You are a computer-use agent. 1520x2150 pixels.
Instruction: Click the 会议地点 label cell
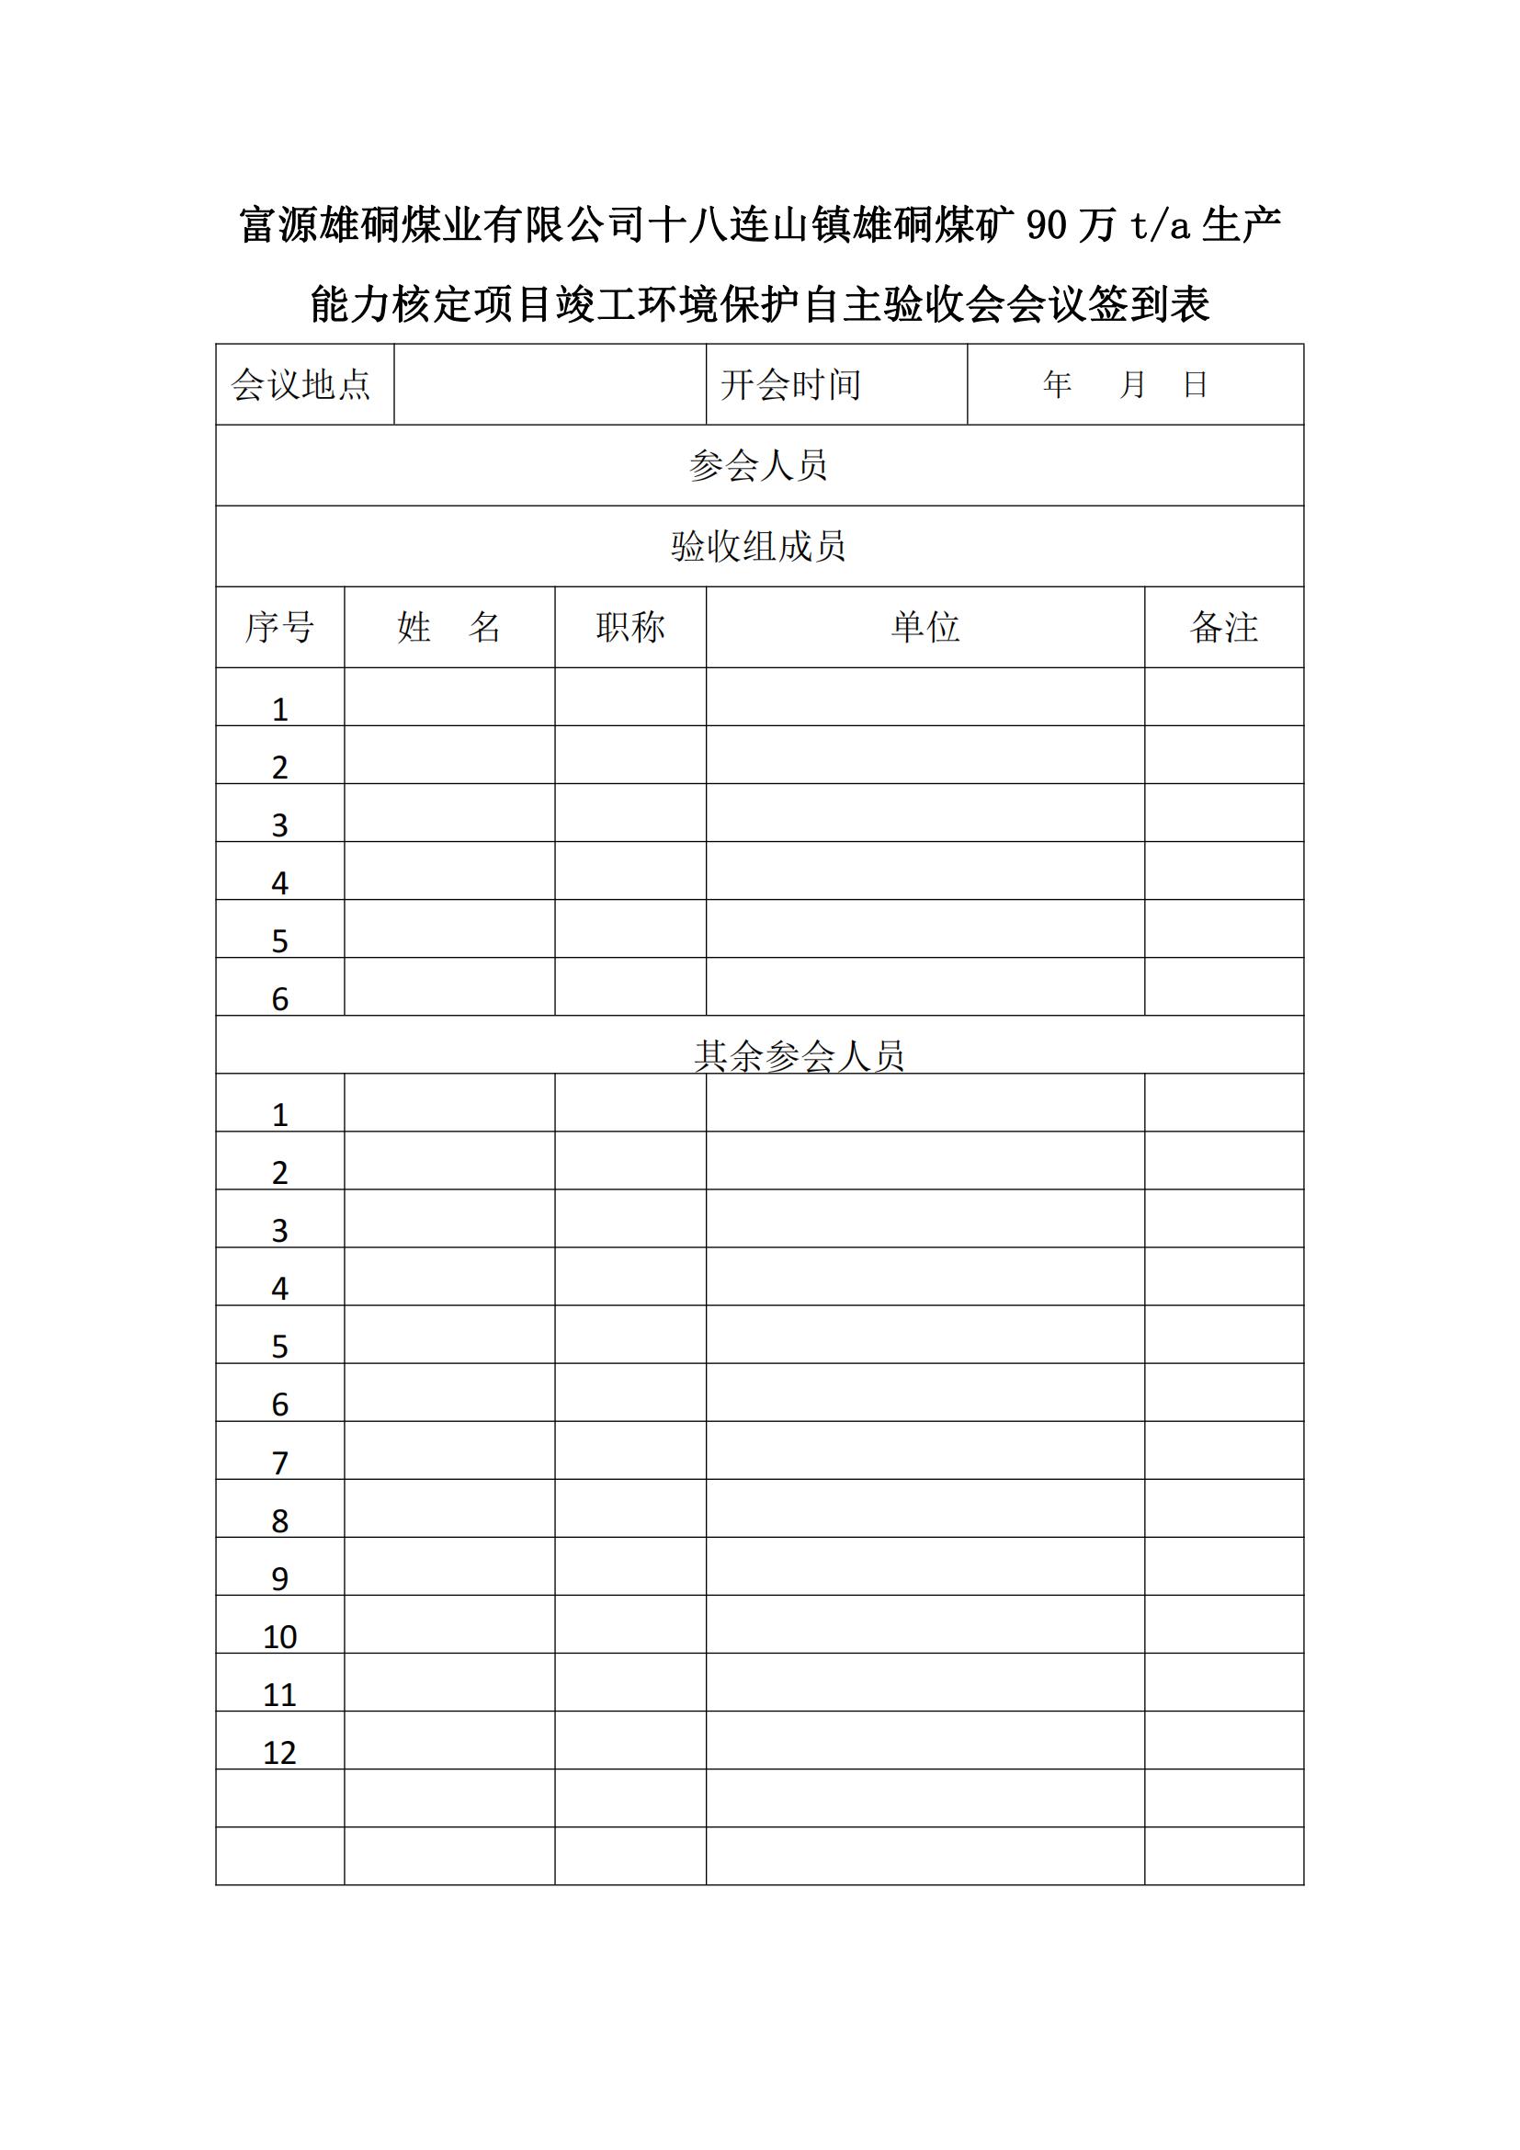click(x=301, y=385)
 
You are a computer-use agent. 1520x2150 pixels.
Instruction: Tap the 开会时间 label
click(x=791, y=385)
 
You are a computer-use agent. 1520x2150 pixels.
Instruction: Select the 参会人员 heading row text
click(x=758, y=465)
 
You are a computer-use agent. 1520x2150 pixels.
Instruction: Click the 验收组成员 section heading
click(x=758, y=546)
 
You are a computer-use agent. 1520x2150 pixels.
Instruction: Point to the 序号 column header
click(x=279, y=628)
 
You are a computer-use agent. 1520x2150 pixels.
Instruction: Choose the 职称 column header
click(x=630, y=628)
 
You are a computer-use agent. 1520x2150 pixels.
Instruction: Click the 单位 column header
click(x=924, y=628)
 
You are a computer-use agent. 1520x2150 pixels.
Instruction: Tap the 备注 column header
click(x=1223, y=628)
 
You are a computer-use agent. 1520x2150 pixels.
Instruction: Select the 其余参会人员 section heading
click(x=800, y=1056)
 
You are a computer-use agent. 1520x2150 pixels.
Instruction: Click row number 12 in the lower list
click(x=279, y=1752)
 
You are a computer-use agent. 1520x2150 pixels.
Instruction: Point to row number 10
click(x=279, y=1636)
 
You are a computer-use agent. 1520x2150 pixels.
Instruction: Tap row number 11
click(x=279, y=1694)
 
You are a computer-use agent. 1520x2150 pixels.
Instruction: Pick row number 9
click(x=279, y=1579)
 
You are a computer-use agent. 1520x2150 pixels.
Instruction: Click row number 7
click(x=279, y=1462)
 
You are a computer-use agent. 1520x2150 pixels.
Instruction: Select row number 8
click(x=279, y=1520)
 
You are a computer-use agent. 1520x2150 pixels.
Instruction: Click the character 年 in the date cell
click(x=1057, y=384)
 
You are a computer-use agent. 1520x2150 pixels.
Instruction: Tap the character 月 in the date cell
click(x=1132, y=384)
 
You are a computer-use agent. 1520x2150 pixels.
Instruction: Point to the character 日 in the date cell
click(x=1196, y=384)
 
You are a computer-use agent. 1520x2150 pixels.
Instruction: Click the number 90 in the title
click(x=1047, y=226)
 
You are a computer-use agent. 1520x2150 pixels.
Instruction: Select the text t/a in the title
click(x=1160, y=226)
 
